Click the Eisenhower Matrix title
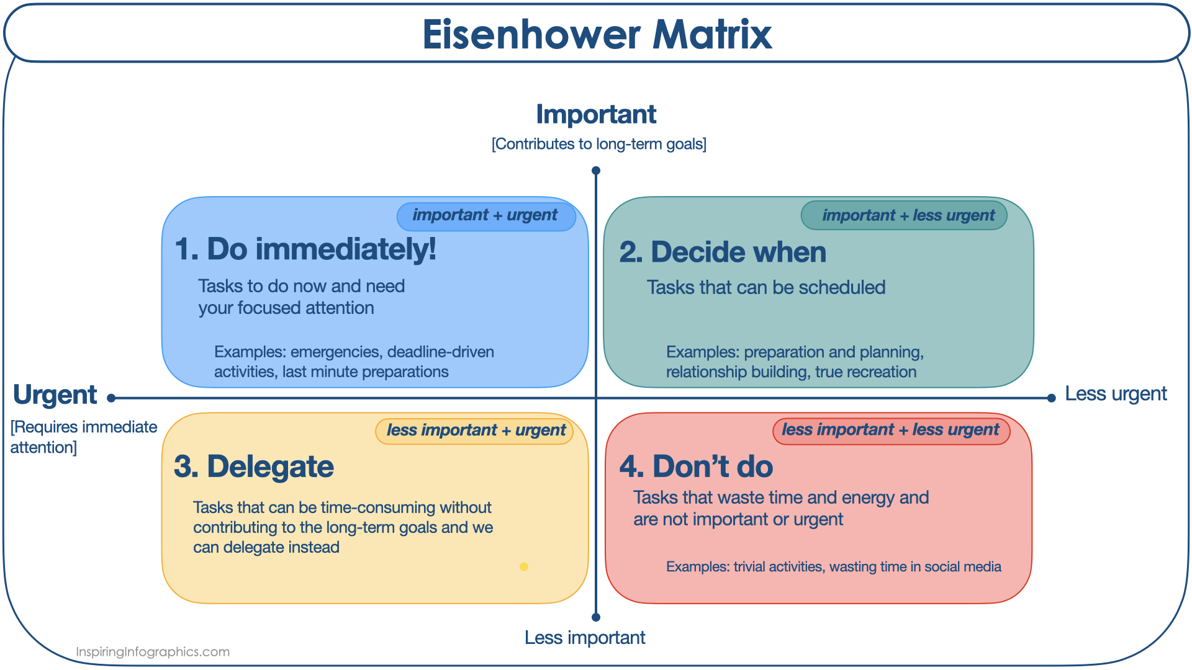597,34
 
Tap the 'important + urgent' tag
486,216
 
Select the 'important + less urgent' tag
904,215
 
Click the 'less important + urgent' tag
474,431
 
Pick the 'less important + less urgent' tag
891,431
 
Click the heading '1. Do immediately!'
305,249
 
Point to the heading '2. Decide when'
723,252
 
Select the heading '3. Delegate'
254,467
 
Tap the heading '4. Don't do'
696,467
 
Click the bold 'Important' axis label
596,114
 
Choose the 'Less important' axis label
585,637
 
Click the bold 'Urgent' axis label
55,395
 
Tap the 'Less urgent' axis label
1116,394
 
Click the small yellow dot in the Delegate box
524,566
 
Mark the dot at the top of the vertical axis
596,171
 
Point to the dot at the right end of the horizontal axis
1051,398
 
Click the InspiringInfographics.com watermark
153,652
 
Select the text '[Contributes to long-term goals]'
599,144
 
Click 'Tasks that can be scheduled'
766,287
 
